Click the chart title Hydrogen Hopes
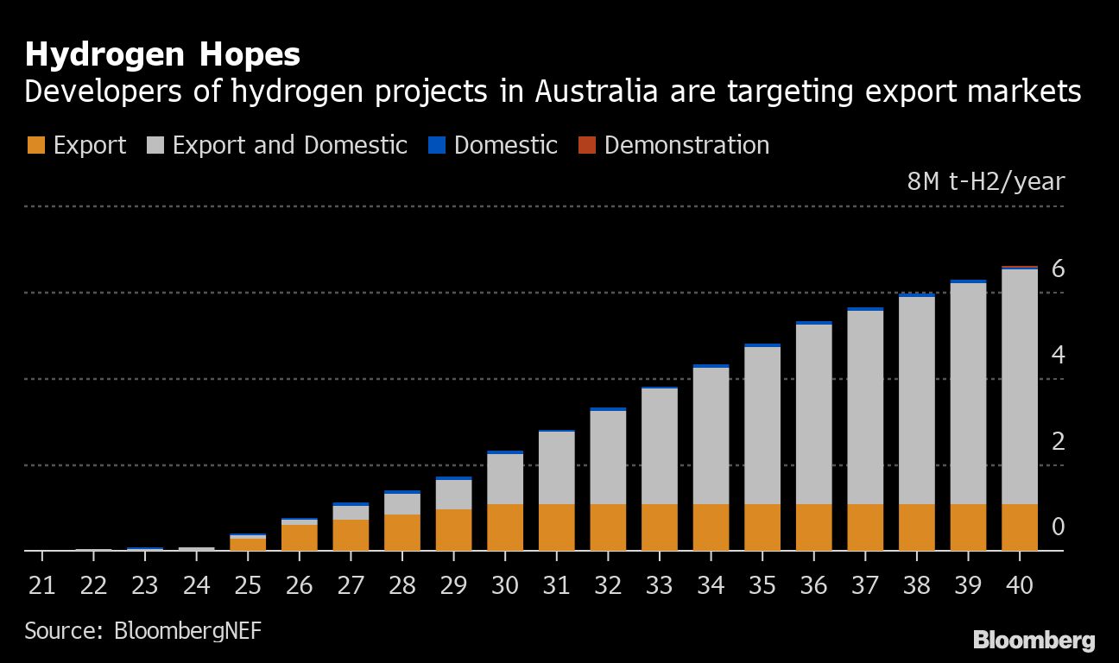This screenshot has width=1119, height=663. [162, 55]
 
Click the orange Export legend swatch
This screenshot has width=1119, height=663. [35, 145]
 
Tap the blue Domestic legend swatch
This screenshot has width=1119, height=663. [436, 145]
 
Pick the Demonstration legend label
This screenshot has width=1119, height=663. [686, 145]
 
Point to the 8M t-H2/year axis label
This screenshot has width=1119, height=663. [985, 182]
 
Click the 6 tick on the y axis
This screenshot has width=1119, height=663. [1058, 269]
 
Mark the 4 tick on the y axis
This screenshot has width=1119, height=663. [1058, 356]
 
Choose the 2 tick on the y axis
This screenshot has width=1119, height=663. [1058, 442]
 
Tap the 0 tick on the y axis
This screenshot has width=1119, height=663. [1058, 527]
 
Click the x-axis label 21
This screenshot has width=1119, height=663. [41, 586]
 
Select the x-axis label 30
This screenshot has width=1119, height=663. [505, 586]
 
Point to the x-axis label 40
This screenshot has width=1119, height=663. [1020, 586]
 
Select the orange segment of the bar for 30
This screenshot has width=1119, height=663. [505, 527]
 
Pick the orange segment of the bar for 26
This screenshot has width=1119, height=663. [300, 537]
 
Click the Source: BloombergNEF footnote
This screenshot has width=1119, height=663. [142, 630]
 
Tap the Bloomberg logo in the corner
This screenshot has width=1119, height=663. [1034, 641]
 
